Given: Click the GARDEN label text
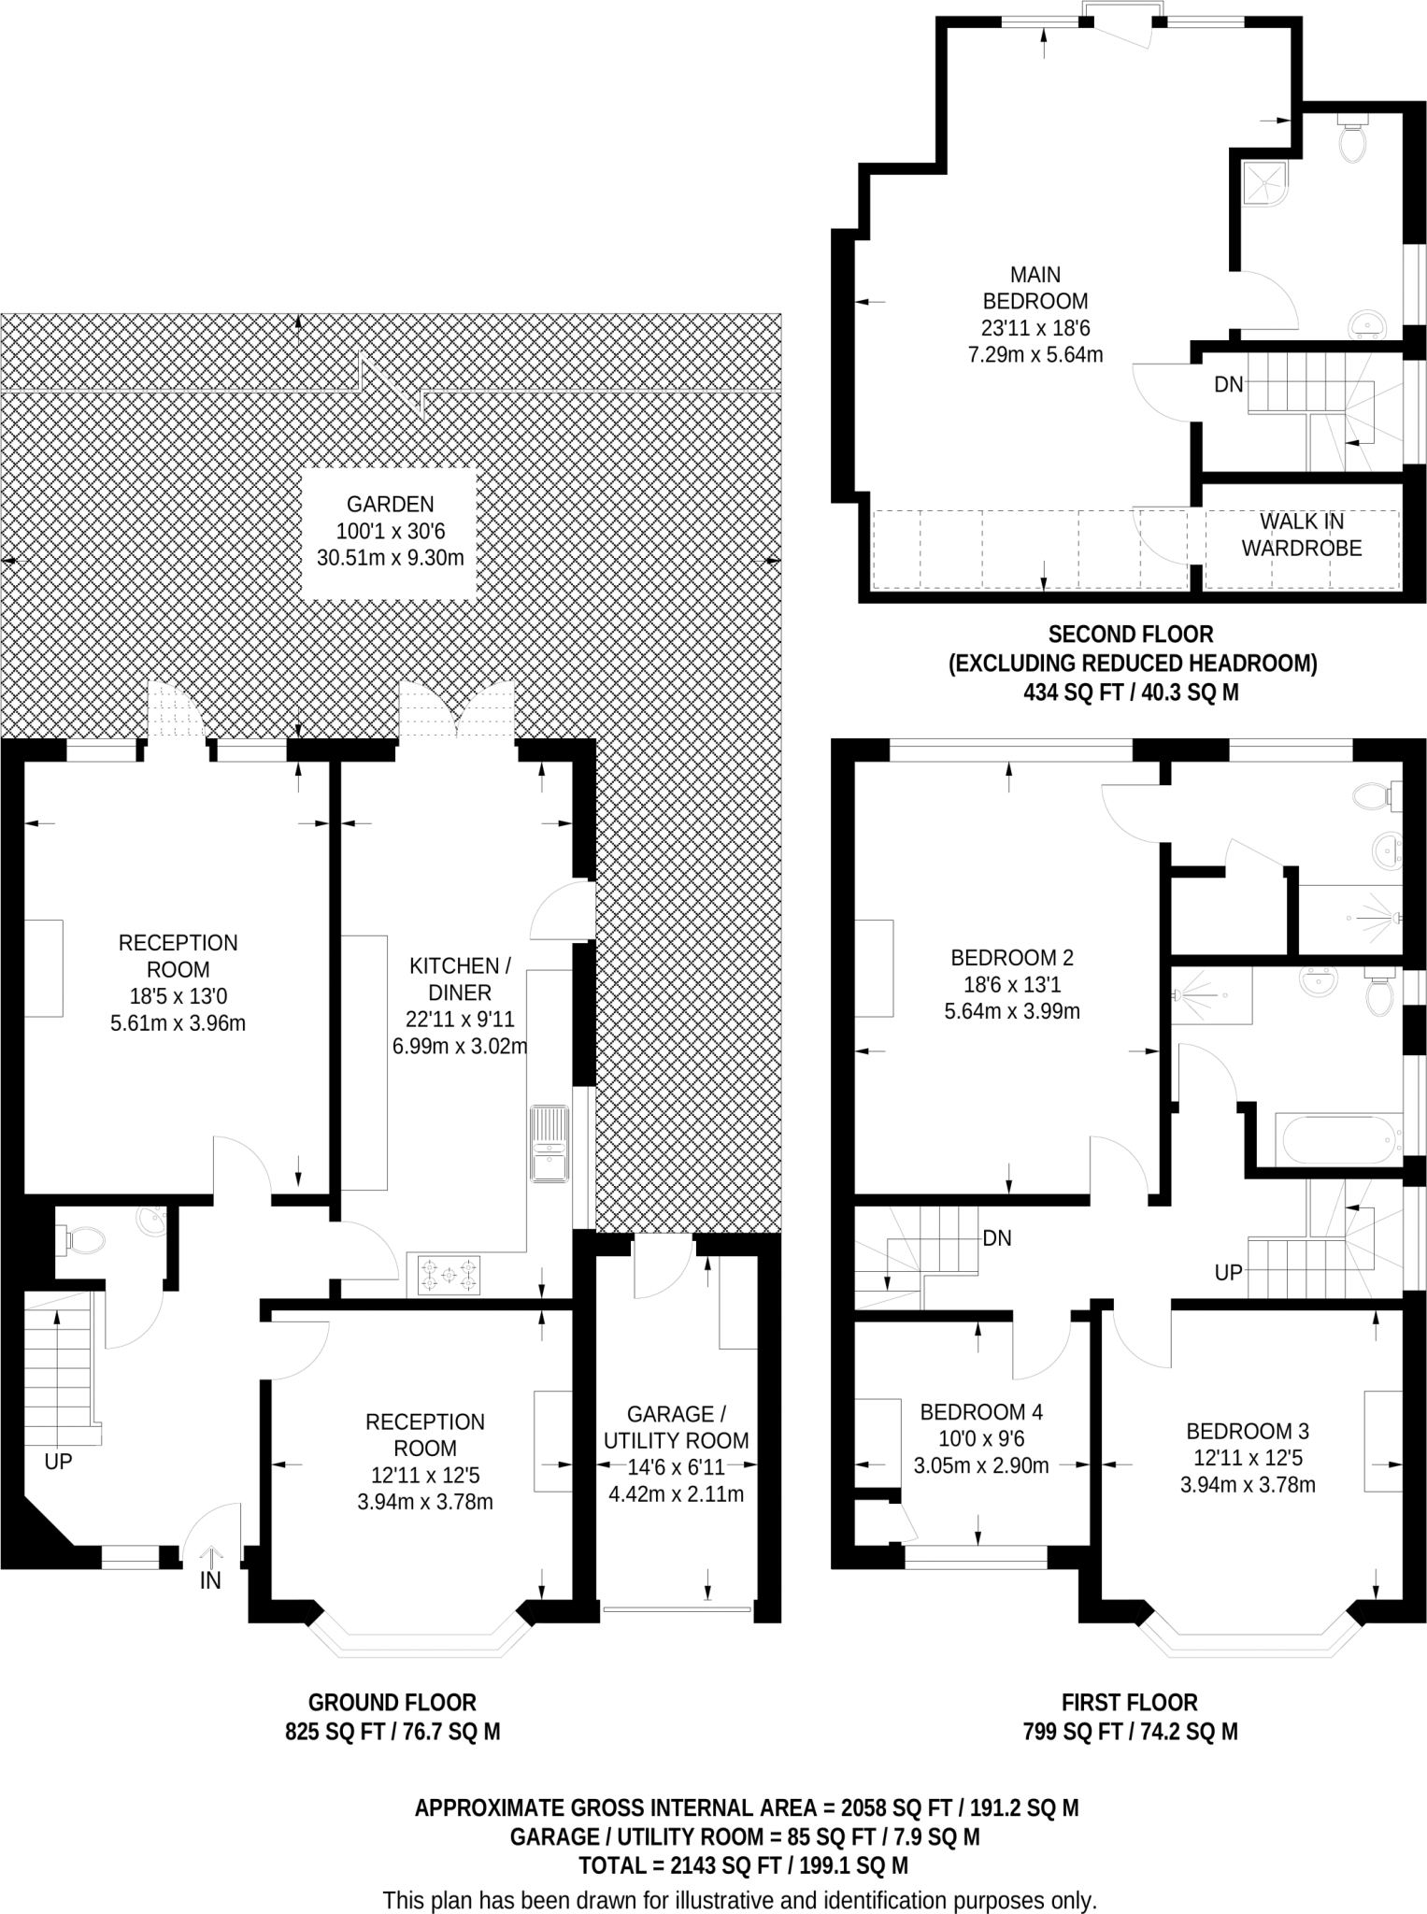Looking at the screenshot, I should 390,505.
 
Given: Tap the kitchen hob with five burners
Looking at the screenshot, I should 450,1275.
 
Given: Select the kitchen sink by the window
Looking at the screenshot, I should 549,1144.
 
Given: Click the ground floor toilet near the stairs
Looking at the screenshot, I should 84,1239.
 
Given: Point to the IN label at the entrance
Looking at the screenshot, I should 210,1580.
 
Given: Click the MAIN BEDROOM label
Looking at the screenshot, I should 1035,288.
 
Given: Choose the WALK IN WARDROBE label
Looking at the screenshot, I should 1301,535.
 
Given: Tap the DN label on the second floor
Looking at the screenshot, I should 1228,384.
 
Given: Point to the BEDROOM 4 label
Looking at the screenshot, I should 981,1412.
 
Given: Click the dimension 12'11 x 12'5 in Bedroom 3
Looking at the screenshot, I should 1248,1458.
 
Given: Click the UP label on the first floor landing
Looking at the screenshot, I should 1228,1272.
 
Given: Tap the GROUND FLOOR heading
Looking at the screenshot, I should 392,1703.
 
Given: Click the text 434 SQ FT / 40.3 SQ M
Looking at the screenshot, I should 1131,693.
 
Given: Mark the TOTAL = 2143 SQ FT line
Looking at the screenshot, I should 743,1865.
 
